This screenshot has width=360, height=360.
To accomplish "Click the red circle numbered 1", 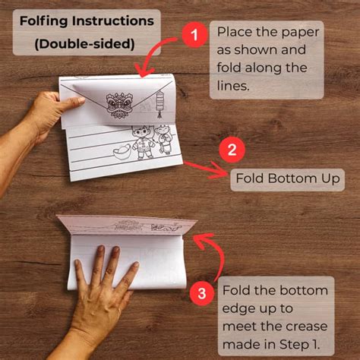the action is coord(194,35).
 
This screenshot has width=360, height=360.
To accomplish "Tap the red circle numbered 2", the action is coord(232,150).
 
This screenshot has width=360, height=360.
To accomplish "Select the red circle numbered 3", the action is coord(202,293).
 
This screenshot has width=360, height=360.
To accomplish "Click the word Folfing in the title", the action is coord(44,21).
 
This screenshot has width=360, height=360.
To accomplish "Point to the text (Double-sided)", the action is coord(84,44).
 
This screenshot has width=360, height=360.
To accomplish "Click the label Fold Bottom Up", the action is coord(288,178).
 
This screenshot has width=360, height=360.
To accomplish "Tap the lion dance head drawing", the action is coord(119,105).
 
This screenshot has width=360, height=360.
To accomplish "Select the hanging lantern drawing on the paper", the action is coord(159,104).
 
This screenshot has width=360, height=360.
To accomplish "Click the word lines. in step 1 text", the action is coord(233,86).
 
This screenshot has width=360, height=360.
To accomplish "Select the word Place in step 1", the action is coord(235,32).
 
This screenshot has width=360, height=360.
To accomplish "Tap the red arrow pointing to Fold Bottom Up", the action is coord(207,169).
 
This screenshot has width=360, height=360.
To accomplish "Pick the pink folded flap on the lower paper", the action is coord(127,225).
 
